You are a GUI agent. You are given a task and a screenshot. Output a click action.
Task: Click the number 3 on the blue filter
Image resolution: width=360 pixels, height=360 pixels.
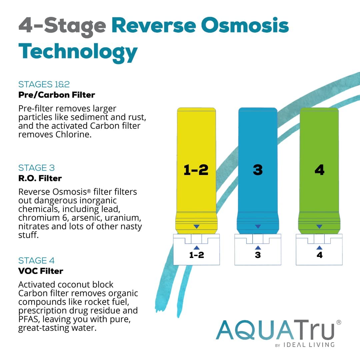(x=258, y=170)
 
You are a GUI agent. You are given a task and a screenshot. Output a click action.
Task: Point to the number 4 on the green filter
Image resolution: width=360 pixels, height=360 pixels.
(x=319, y=170)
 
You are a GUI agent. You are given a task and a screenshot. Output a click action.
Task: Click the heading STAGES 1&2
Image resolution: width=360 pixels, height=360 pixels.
(x=44, y=84)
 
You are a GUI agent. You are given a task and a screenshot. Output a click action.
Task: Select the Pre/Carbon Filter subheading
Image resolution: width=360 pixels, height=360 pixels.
(x=57, y=95)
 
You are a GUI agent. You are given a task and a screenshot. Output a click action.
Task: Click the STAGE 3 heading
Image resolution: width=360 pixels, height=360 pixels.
(x=37, y=168)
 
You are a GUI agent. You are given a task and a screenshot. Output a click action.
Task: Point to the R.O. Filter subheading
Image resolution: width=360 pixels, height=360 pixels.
(x=40, y=178)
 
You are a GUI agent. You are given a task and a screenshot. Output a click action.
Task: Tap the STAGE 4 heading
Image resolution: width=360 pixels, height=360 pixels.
(x=37, y=260)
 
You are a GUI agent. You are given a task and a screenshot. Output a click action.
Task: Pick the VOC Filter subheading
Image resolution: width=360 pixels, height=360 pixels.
(x=41, y=271)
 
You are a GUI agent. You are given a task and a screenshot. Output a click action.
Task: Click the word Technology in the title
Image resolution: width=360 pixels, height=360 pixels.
(x=78, y=51)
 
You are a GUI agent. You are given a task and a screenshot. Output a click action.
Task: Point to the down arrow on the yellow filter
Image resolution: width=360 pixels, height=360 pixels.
(x=196, y=227)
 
